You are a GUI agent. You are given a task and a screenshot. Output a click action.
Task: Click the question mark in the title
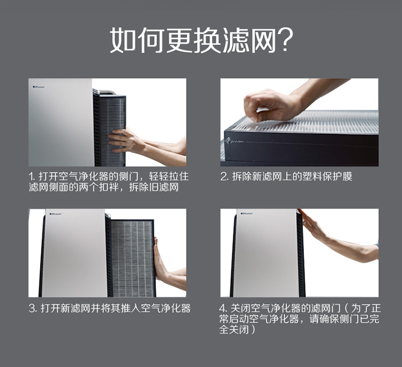tap(285, 40)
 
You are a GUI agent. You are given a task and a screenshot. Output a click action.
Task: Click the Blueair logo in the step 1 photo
tap(39, 87)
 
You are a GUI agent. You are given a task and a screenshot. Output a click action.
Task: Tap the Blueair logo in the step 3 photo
tap(56, 214)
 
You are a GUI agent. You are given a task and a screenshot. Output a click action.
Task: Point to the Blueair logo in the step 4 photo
tap(247, 214)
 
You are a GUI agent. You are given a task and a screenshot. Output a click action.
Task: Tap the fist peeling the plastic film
tap(272, 105)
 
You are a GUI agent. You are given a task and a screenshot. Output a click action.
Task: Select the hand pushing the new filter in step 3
tap(160, 260)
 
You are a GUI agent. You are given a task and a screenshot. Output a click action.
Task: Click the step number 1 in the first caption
tap(31, 177)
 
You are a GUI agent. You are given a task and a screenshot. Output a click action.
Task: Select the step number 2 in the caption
tap(224, 177)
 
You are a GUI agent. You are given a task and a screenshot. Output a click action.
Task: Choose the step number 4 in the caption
tap(223, 308)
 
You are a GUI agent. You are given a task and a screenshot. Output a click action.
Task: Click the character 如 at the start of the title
tap(123, 40)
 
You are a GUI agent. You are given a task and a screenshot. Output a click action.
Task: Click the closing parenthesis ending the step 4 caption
tap(254, 329)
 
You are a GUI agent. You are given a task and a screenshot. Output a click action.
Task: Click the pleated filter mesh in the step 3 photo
tap(132, 258)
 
